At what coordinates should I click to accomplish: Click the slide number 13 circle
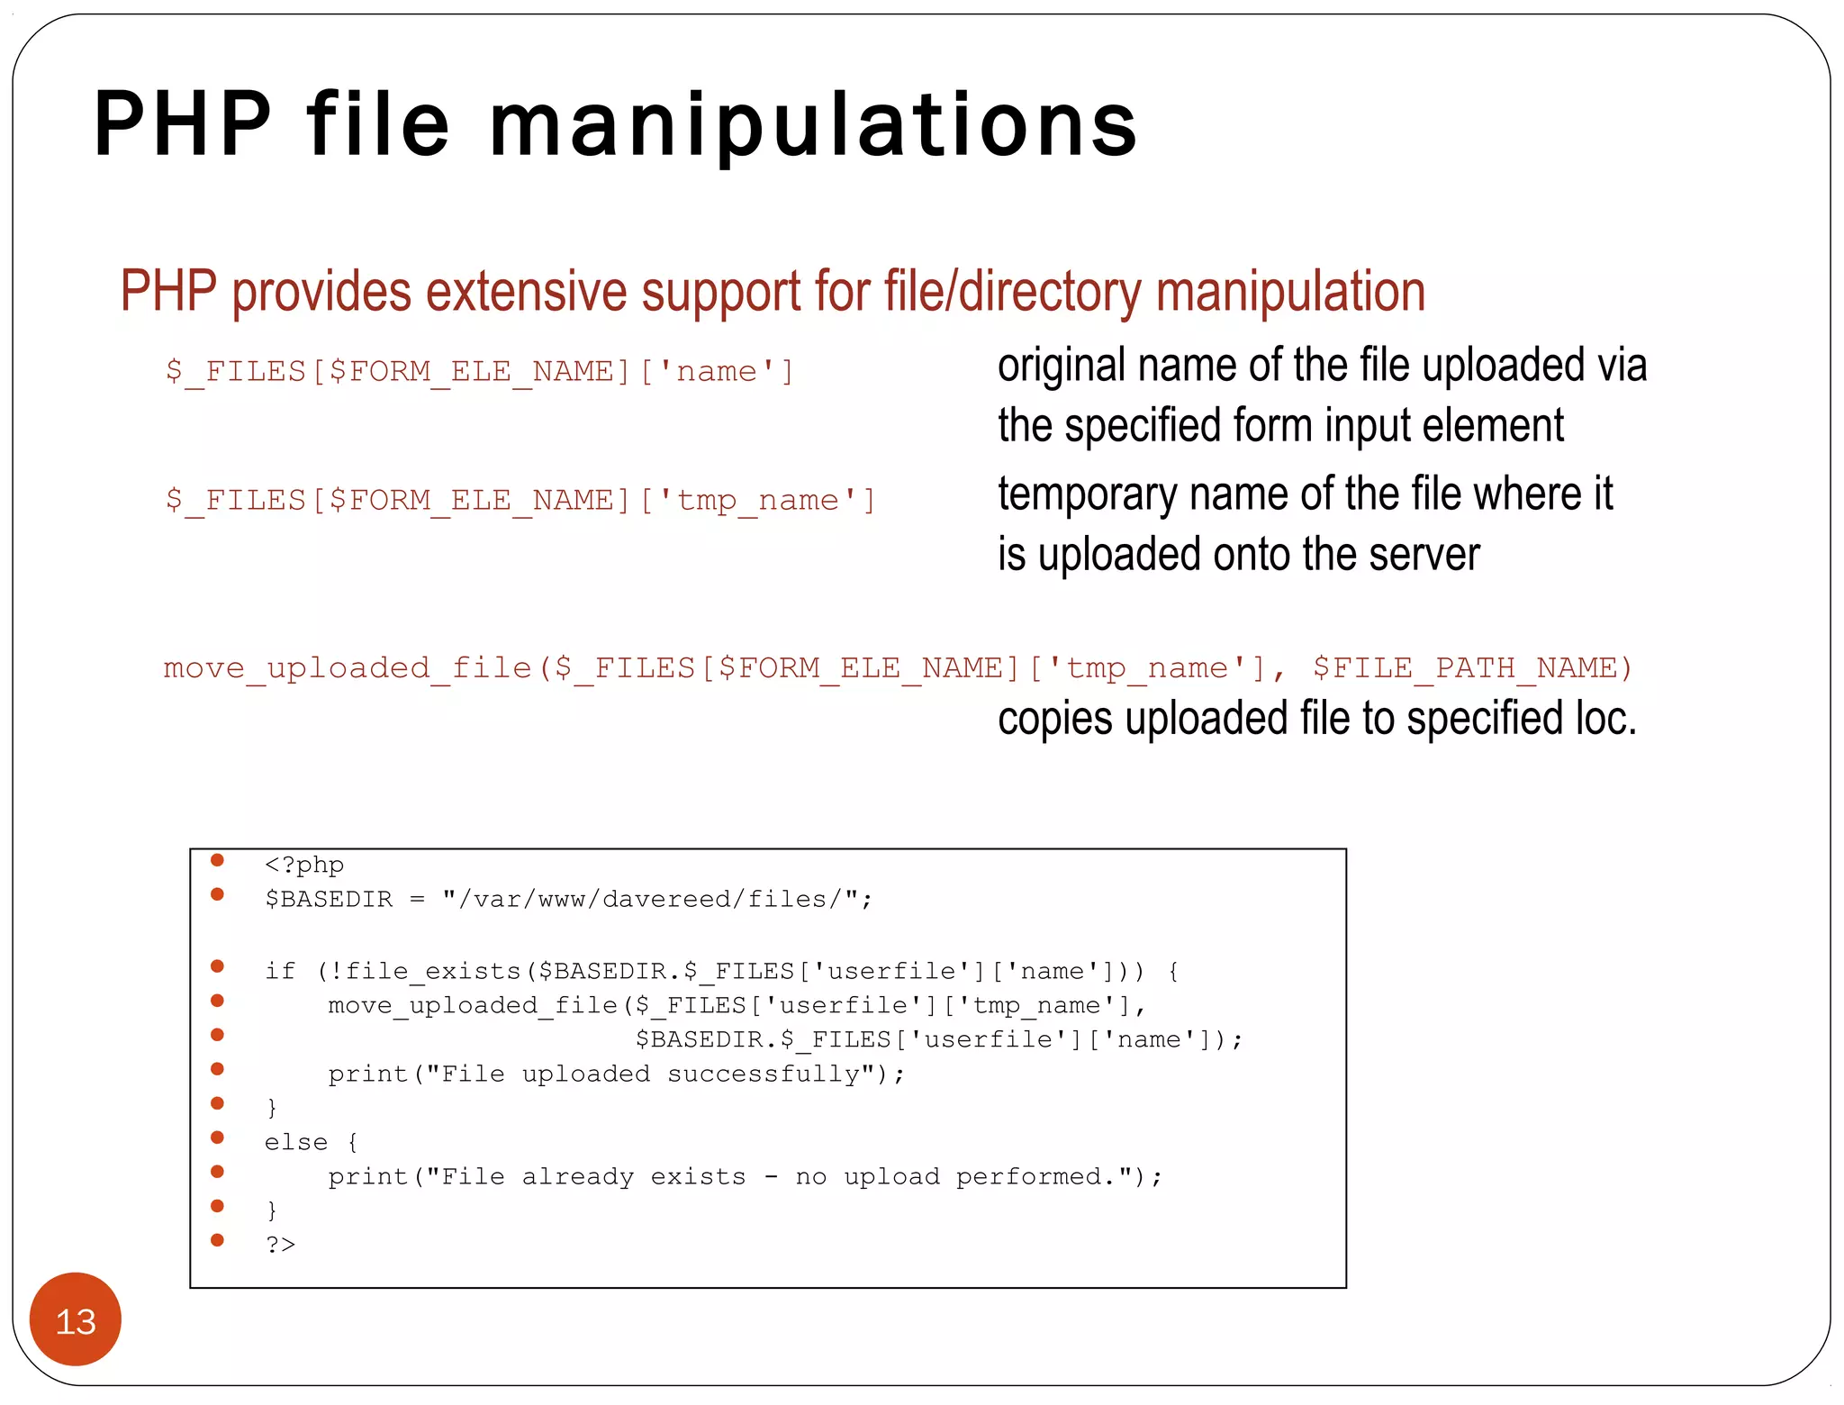[x=76, y=1320]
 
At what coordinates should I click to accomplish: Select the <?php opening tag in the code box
[x=304, y=866]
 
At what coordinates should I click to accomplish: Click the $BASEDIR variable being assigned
[x=329, y=900]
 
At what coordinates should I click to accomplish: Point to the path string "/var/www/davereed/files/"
[x=656, y=900]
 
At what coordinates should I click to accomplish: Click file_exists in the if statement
[x=433, y=972]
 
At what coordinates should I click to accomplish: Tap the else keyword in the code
[x=295, y=1143]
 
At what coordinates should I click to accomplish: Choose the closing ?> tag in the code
[x=280, y=1246]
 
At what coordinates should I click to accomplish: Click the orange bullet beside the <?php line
[x=217, y=860]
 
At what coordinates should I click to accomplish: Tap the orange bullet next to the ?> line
[x=217, y=1240]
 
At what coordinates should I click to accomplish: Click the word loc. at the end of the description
[x=1605, y=719]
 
